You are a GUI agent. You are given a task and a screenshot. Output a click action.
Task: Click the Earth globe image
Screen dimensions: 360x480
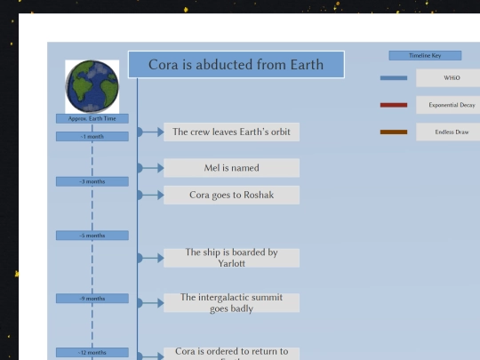pyautogui.click(x=92, y=87)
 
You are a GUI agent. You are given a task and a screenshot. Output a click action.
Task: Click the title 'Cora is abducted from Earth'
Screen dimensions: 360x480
pyautogui.click(x=236, y=65)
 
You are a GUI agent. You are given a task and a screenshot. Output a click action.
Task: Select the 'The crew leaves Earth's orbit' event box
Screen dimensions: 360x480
pyautogui.click(x=231, y=132)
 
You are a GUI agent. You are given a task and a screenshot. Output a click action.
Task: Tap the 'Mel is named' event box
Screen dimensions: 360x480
pyautogui.click(x=231, y=167)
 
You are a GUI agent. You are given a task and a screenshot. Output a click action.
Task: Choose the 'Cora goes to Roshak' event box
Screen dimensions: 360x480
pyautogui.click(x=231, y=195)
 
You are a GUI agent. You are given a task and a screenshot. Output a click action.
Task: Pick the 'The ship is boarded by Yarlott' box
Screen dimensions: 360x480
pyautogui.click(x=231, y=258)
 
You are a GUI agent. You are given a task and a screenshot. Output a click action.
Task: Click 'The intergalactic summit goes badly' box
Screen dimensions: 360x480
pyautogui.click(x=231, y=302)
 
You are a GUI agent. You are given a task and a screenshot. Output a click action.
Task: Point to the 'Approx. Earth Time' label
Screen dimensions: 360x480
pyautogui.click(x=92, y=118)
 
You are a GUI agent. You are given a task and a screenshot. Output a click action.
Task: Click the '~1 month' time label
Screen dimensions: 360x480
pyautogui.click(x=92, y=136)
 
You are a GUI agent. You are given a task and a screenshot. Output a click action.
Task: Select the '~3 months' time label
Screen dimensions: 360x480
pyautogui.click(x=92, y=181)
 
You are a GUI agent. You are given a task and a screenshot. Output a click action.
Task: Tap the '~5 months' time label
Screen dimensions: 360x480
pyautogui.click(x=92, y=236)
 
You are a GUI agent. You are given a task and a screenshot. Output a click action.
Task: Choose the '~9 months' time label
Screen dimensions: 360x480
pyautogui.click(x=92, y=299)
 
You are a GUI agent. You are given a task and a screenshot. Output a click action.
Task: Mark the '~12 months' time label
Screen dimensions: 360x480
pyautogui.click(x=92, y=353)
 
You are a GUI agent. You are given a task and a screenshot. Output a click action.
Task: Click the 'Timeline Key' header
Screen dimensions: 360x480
pyautogui.click(x=424, y=55)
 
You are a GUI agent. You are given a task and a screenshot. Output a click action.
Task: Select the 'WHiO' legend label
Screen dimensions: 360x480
pyautogui.click(x=449, y=78)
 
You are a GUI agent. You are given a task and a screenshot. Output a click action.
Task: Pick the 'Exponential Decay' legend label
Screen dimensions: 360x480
pyautogui.click(x=449, y=105)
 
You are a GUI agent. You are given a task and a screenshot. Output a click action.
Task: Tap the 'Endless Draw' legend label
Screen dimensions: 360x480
pyautogui.click(x=449, y=132)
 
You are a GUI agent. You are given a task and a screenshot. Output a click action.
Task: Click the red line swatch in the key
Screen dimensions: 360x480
pyautogui.click(x=393, y=105)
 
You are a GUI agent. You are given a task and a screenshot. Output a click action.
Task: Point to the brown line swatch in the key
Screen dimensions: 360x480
pyautogui.click(x=393, y=132)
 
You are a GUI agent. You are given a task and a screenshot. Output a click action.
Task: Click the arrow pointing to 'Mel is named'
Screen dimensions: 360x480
pyautogui.click(x=151, y=167)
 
